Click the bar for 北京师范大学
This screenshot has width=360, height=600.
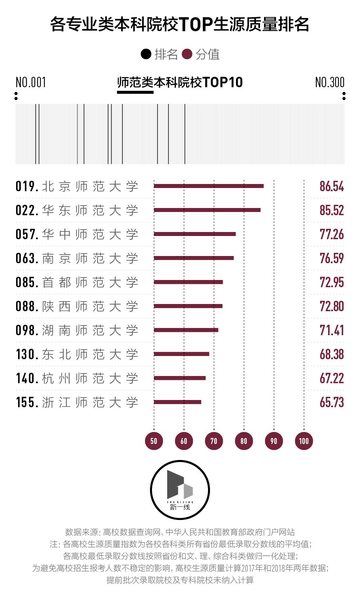208,186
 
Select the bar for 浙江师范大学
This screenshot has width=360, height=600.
177,402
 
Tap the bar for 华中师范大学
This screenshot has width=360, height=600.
194,234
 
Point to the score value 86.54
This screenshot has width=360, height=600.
331,186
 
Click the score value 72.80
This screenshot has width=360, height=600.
331,306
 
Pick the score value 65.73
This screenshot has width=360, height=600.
331,402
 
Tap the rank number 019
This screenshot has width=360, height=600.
27,186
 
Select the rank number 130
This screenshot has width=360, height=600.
27,354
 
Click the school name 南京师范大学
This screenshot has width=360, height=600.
90,258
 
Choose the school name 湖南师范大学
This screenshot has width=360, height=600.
90,330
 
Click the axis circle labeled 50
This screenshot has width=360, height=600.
154,441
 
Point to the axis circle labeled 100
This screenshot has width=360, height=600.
304,441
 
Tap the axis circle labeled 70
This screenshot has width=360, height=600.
214,441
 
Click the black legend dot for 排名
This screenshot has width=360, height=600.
146,54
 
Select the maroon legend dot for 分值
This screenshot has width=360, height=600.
187,54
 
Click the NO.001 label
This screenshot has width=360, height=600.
31,82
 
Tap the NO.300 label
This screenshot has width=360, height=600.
330,82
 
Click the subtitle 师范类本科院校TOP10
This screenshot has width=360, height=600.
180,82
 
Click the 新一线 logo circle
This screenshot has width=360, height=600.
180,490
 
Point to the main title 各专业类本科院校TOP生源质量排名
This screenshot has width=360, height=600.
180,25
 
